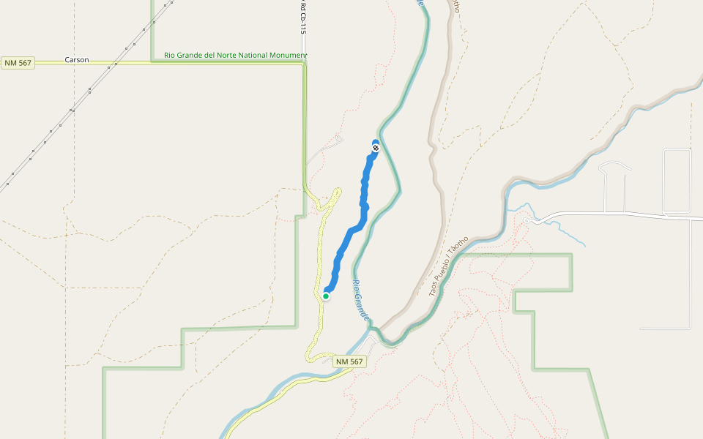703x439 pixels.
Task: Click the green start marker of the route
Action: click(326, 296)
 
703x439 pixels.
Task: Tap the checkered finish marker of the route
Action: click(376, 148)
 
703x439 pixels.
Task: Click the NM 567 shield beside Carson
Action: click(18, 63)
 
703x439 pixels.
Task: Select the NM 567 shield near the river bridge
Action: click(349, 362)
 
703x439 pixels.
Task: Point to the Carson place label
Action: click(77, 60)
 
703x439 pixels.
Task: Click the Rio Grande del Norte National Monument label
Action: click(235, 55)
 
